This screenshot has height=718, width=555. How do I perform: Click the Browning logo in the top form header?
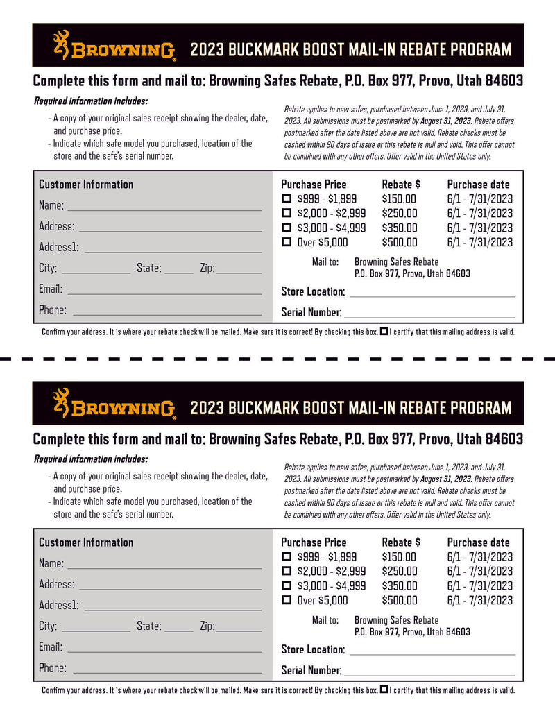[x=114, y=46]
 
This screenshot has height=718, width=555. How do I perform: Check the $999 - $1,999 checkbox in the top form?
[x=287, y=199]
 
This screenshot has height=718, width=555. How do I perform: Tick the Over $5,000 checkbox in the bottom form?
[x=287, y=600]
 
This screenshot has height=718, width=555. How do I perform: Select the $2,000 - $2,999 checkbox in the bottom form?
[x=287, y=571]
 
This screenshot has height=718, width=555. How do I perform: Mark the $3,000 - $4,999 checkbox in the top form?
[x=287, y=228]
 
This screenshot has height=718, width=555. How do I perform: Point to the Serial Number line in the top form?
[x=429, y=316]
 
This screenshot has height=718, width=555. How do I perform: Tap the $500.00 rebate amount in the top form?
[x=400, y=242]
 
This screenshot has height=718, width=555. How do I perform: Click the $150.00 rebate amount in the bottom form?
[x=399, y=556]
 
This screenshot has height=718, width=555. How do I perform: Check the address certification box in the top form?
[x=384, y=332]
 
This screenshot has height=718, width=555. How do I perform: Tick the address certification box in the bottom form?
[x=384, y=690]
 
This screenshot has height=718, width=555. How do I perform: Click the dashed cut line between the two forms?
[x=277, y=359]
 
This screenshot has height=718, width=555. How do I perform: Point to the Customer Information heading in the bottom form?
[x=86, y=542]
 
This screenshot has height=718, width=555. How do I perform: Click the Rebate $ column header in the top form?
[x=401, y=185]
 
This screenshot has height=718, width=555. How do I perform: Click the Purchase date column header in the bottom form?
[x=478, y=542]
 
